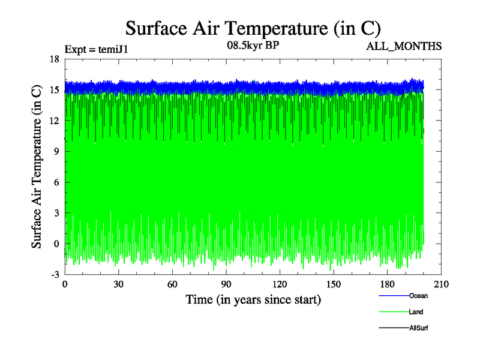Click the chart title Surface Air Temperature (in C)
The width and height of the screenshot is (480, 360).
[253, 28]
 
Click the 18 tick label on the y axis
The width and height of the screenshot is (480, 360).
[54, 59]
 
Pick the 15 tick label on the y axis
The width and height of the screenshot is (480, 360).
[54, 90]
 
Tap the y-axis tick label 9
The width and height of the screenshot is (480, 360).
[56, 152]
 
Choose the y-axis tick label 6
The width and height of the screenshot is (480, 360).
[56, 182]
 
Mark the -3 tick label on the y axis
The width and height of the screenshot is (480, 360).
[54, 274]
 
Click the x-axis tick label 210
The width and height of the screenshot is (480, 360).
[441, 284]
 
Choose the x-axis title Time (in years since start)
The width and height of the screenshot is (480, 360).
[253, 299]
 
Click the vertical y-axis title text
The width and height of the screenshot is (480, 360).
[37, 166]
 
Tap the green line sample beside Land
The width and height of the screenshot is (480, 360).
[394, 312]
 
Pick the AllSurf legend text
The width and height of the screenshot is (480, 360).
[419, 328]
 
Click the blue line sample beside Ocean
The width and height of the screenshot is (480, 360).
[394, 296]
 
